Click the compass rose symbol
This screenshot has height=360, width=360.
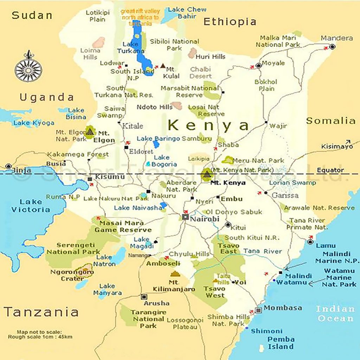coord(28,68)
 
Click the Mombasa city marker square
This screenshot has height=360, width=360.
coord(258,310)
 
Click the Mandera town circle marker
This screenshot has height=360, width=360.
coord(332,46)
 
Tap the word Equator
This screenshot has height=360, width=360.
coord(330,170)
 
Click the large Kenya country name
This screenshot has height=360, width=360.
coord(208,125)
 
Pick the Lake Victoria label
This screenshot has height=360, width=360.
coord(31,206)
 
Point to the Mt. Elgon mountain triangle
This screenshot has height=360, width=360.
coord(90,131)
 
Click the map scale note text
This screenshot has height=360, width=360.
coord(40,334)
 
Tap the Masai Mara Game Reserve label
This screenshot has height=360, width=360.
coord(121,226)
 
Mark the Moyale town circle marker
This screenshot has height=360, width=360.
coord(259,65)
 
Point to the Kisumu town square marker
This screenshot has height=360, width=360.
coord(90,179)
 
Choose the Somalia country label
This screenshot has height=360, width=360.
coord(330,121)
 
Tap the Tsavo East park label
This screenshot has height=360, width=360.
coord(229,249)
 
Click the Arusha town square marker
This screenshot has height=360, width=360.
coord(144,297)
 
